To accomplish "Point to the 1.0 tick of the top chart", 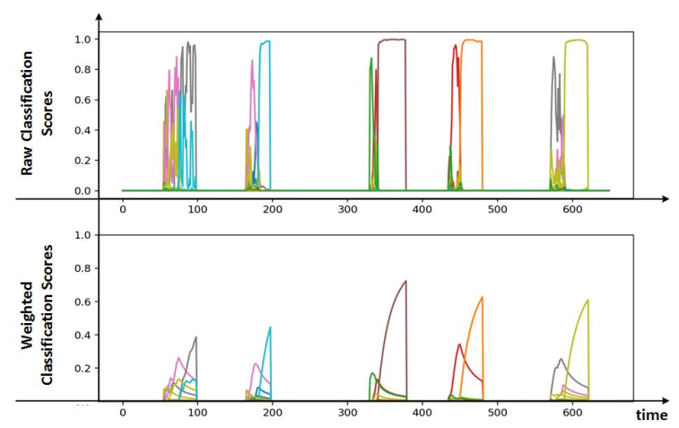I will pos(83,40).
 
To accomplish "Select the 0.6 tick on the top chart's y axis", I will pos(83,100).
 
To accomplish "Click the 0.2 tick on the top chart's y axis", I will pos(83,161).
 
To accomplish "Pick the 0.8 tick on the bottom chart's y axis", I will pos(83,268).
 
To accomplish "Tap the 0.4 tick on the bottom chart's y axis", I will pos(83,335).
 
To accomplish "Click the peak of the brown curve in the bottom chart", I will pos(405,281).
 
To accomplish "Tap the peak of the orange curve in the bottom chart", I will pos(483,297).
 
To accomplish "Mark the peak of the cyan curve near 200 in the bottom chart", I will pos(270,328).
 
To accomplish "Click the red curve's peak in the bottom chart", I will pos(459,345).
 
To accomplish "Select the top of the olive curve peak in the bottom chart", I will pos(588,301).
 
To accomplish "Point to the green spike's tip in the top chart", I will pos(371,58).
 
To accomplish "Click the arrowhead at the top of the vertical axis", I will pos(98,15).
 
